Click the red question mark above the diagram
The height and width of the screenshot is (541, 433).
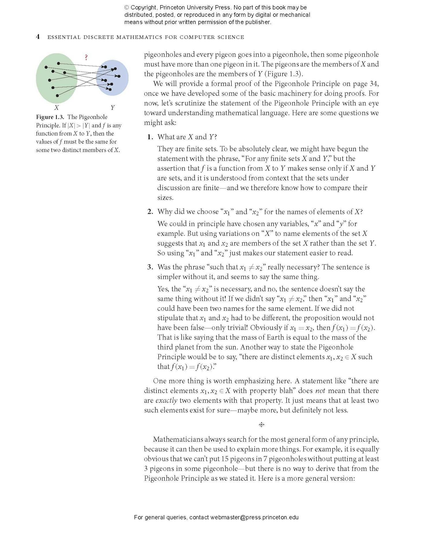[86, 57]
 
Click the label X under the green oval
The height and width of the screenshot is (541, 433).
[57, 108]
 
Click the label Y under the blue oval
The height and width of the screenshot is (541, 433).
[113, 108]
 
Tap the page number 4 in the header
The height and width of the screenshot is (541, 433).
[38, 37]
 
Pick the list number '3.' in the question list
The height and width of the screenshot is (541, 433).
[150, 267]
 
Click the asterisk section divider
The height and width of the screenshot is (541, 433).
[261, 425]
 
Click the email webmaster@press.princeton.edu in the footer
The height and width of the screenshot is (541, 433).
[254, 517]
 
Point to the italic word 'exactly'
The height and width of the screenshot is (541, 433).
[166, 400]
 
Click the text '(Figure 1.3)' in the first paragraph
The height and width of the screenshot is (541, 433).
[284, 74]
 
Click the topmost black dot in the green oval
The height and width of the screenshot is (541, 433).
[59, 63]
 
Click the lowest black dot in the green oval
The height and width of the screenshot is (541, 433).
[57, 95]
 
